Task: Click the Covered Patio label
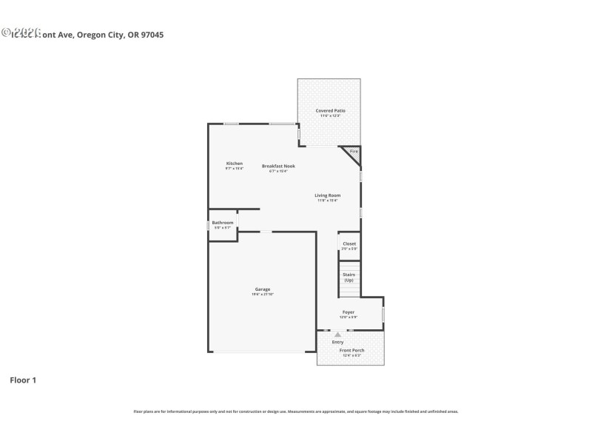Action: click(330, 110)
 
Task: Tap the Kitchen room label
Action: click(234, 163)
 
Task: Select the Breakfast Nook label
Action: click(278, 166)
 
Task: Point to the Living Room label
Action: click(327, 195)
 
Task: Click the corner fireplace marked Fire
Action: click(353, 152)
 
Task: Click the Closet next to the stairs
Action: click(349, 243)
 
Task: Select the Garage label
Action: click(263, 289)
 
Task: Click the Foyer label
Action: click(348, 312)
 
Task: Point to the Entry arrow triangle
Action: click(337, 334)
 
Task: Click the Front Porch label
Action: click(352, 350)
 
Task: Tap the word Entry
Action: click(337, 342)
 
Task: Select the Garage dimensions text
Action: click(263, 295)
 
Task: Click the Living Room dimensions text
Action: click(327, 201)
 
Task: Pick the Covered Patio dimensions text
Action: click(330, 115)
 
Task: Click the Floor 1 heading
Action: click(22, 380)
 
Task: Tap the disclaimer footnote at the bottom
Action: click(295, 411)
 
